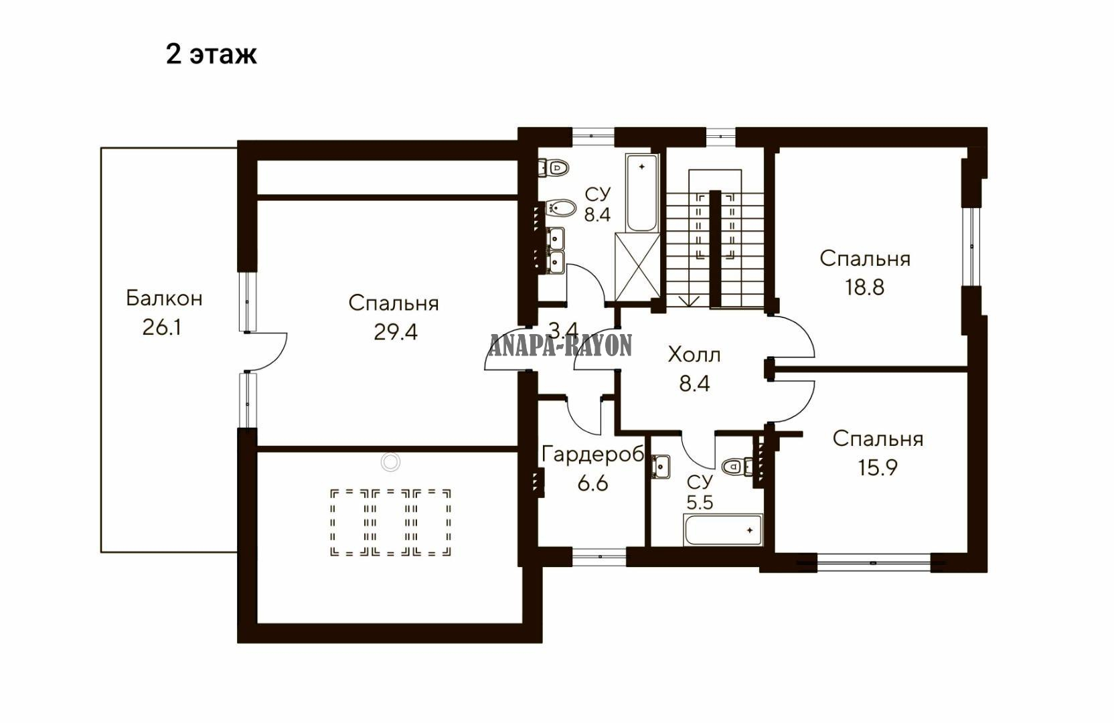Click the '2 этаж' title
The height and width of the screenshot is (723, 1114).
pyautogui.click(x=212, y=55)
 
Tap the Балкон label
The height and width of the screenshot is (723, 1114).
pyautogui.click(x=164, y=299)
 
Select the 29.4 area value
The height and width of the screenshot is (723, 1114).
pyautogui.click(x=396, y=332)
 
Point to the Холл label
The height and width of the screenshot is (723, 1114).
pyautogui.click(x=694, y=355)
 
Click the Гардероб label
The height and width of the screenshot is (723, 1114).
pyautogui.click(x=592, y=454)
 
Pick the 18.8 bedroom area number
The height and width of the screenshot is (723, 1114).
pyautogui.click(x=865, y=287)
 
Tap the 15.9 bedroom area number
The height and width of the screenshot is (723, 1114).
pyautogui.click(x=878, y=467)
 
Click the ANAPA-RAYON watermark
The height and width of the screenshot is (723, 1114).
pyautogui.click(x=561, y=345)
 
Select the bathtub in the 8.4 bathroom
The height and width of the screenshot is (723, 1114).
pyautogui.click(x=642, y=193)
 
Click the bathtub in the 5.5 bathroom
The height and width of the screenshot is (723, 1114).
pyautogui.click(x=723, y=530)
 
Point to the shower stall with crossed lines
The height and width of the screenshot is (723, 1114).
pyautogui.click(x=637, y=268)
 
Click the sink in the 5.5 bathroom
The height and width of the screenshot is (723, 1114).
pyautogui.click(x=661, y=467)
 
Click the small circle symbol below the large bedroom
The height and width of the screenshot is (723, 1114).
pyautogui.click(x=390, y=462)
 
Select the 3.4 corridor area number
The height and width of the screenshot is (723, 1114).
pyautogui.click(x=564, y=329)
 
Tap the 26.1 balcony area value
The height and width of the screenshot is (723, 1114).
pyautogui.click(x=161, y=327)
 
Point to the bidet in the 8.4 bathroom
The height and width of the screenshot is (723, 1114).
pyautogui.click(x=561, y=208)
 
